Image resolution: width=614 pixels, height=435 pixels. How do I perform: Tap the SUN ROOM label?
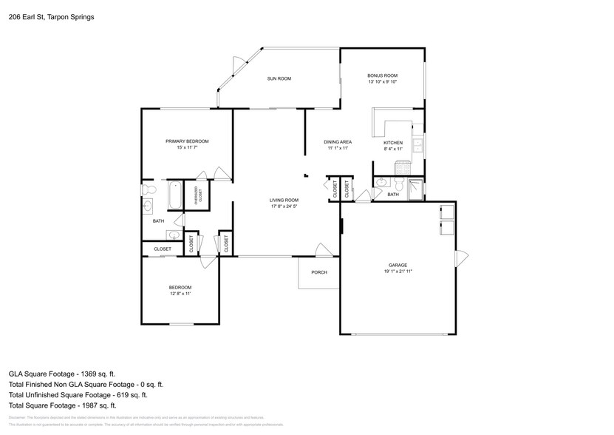[279, 78]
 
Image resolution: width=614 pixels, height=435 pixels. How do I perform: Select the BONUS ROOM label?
[383, 75]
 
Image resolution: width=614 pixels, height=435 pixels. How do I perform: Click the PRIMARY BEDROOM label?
[187, 141]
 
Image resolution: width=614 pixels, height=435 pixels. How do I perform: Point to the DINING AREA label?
[338, 142]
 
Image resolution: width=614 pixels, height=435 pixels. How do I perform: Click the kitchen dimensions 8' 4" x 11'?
[393, 149]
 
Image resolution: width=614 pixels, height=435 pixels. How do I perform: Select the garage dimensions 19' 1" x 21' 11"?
[398, 272]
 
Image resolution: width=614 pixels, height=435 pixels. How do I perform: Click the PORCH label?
[318, 272]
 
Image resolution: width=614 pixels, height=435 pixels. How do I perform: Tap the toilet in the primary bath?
[147, 189]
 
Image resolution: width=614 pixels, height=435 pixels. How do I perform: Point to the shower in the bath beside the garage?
[416, 189]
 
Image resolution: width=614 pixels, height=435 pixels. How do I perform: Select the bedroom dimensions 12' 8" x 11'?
[180, 294]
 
